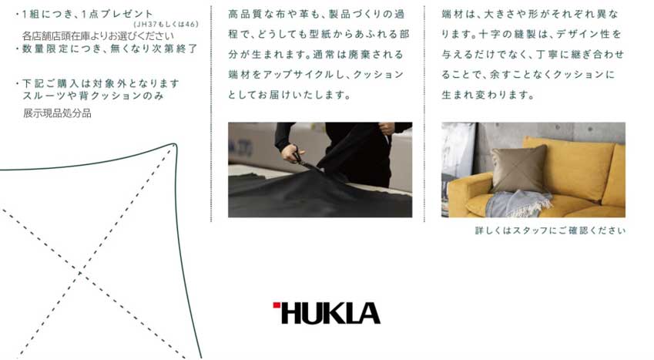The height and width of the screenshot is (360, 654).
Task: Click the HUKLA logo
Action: [327, 313]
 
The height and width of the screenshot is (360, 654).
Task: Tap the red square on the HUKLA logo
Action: [276, 304]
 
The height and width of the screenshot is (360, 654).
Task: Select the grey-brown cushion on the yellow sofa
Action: [518, 169]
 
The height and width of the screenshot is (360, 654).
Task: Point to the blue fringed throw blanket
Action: [518, 204]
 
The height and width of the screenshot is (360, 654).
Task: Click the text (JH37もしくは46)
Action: [166, 24]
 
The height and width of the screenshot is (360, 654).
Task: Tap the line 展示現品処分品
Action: [57, 113]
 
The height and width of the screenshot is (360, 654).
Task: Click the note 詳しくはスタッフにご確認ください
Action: [550, 230]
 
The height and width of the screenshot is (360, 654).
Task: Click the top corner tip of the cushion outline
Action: [175, 145]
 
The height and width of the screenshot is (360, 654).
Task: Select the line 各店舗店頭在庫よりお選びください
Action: [98, 36]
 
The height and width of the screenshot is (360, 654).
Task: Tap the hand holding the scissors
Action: [291, 153]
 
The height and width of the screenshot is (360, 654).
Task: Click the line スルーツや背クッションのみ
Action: [93, 96]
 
